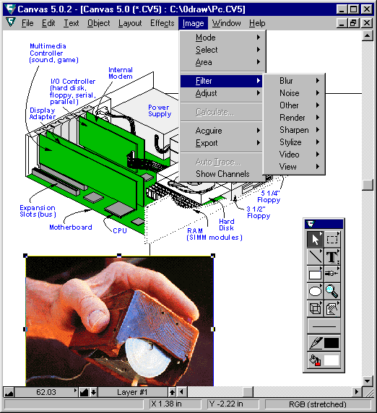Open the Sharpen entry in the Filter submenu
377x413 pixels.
click(294, 130)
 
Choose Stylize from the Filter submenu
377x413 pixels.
click(290, 142)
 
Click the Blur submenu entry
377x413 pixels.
click(286, 81)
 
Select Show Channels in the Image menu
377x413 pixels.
click(222, 174)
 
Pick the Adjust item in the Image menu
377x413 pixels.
click(207, 93)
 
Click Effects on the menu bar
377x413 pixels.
click(162, 23)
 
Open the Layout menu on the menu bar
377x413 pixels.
click(130, 23)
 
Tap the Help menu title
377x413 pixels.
click(257, 23)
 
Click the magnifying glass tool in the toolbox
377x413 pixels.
click(332, 291)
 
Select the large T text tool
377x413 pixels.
click(332, 257)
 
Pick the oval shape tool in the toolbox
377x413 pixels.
click(315, 291)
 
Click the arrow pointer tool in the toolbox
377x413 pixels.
click(315, 240)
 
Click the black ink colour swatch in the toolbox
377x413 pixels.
click(331, 343)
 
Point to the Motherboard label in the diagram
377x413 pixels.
click(71, 227)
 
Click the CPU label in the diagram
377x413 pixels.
click(120, 231)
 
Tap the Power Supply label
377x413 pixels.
click(160, 110)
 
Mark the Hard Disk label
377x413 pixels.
click(227, 225)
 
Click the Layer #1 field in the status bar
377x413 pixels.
click(132, 392)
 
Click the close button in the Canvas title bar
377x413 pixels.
click(366, 9)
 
